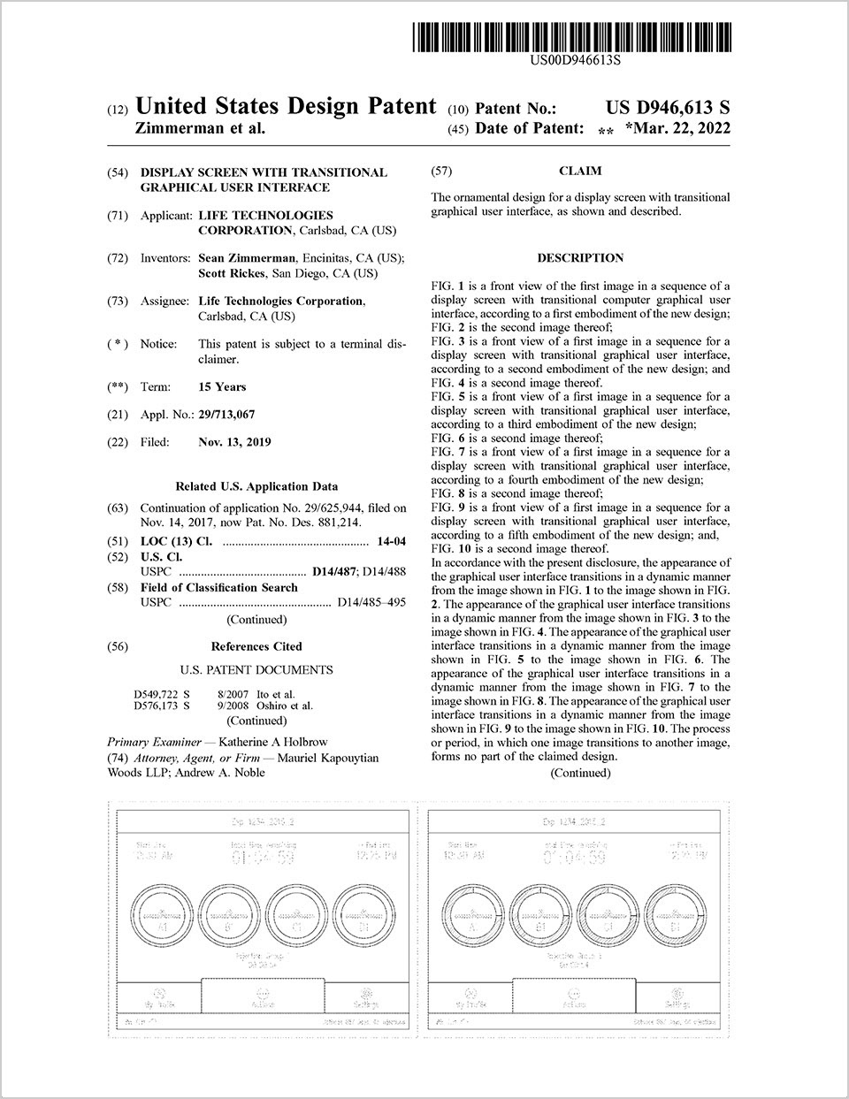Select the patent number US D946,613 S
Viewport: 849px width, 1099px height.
click(668, 108)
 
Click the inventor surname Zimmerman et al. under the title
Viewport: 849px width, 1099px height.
click(200, 129)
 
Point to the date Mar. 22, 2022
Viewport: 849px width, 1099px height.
click(682, 129)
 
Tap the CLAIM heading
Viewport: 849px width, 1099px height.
click(580, 171)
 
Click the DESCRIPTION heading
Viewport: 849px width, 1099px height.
click(580, 258)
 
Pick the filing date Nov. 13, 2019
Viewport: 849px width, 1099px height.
click(235, 442)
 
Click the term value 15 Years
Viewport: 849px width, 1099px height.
click(223, 387)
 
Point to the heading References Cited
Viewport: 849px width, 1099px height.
click(256, 646)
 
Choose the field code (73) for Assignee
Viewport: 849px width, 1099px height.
click(117, 301)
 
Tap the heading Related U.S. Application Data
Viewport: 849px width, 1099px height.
click(256, 486)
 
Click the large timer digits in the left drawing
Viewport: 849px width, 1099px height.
click(262, 859)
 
